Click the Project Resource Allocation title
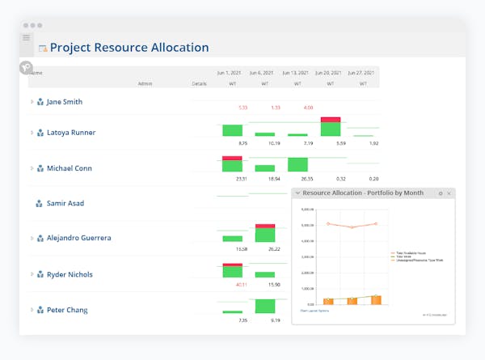129,48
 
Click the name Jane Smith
64,102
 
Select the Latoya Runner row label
70,132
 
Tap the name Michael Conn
69,168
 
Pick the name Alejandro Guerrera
78,238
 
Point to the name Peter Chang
66,310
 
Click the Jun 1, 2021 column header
231,73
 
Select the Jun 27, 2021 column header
363,73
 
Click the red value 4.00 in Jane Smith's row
308,108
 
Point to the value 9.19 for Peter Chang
275,320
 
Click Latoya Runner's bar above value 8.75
232,130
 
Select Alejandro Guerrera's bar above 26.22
265,234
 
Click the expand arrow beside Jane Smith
32,102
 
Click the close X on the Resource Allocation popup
449,193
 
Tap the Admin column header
145,83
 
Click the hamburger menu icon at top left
26,38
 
